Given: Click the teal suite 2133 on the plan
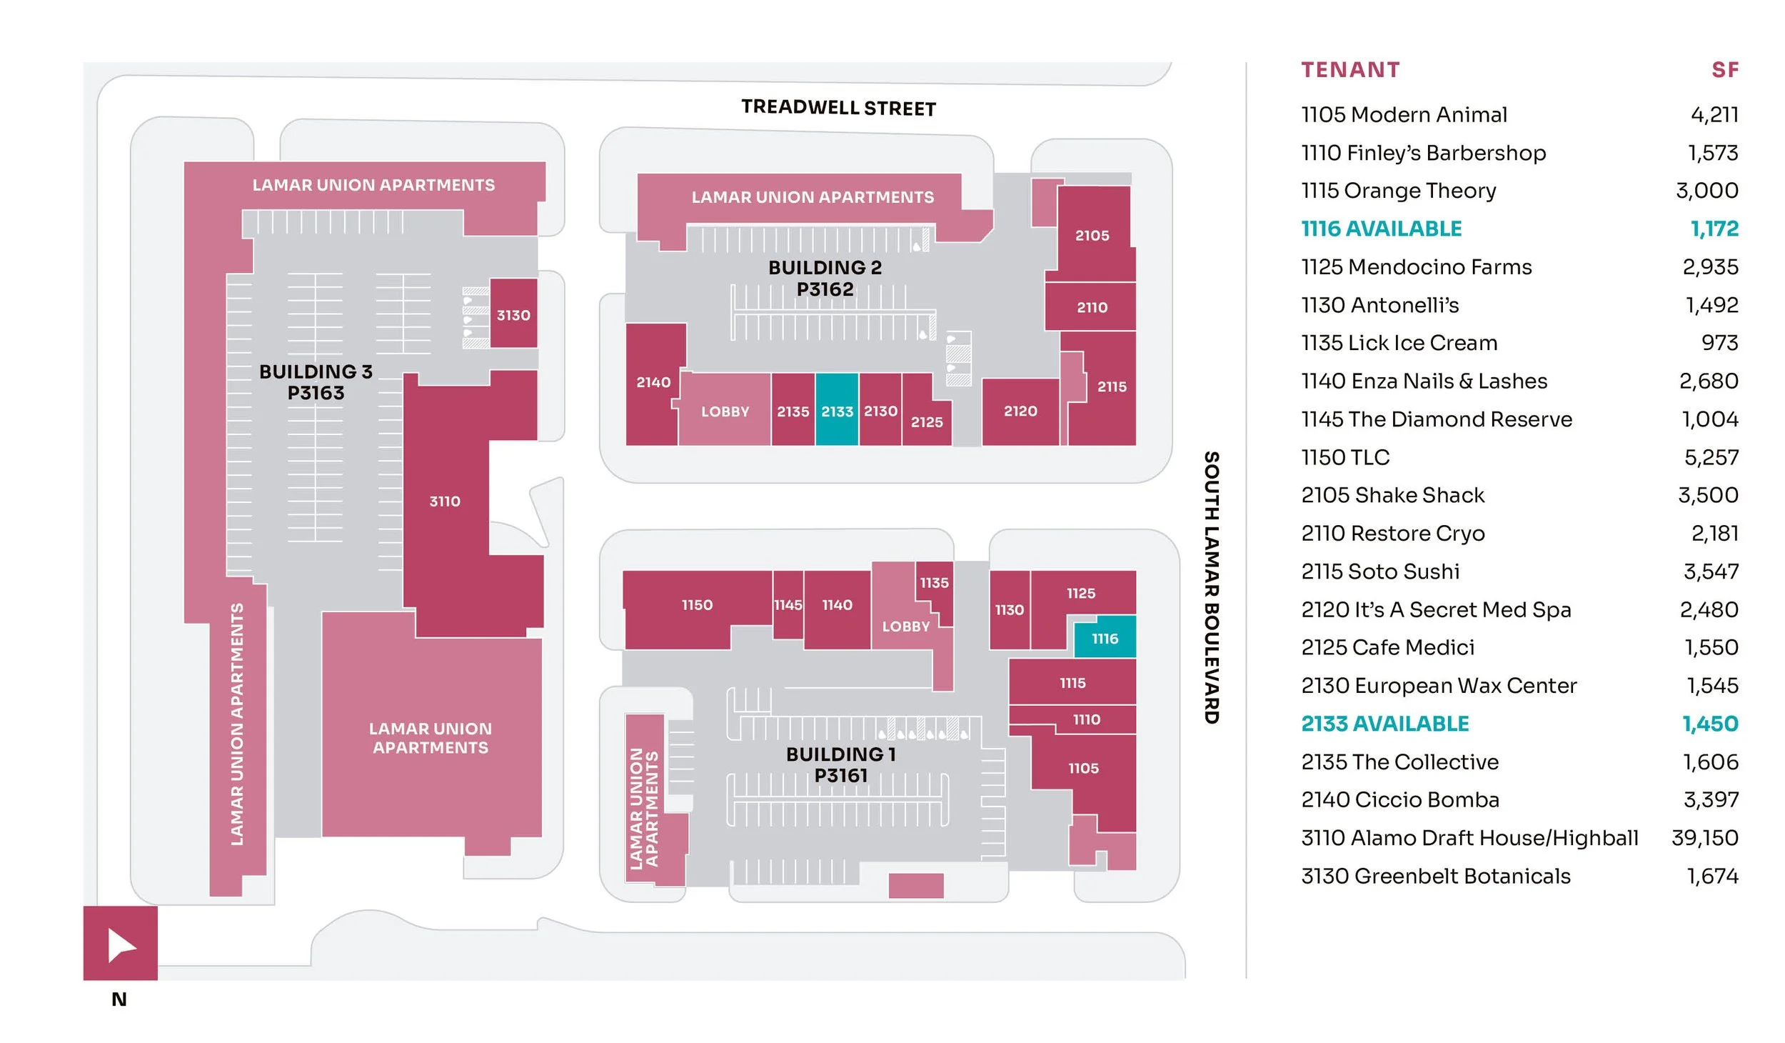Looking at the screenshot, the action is [837, 409].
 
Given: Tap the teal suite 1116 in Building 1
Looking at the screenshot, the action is [1105, 637].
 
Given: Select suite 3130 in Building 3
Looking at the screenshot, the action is [513, 313].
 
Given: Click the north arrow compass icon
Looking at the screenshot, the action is [121, 943].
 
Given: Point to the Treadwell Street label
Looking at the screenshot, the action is [838, 108].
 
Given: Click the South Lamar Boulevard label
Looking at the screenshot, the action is [1212, 587].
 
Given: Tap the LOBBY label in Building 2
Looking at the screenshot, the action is [725, 411].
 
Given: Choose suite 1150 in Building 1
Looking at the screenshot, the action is [696, 605].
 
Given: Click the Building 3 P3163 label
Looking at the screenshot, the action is [316, 382].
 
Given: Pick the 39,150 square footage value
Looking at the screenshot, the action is [1705, 837].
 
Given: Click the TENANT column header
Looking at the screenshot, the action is [1350, 69].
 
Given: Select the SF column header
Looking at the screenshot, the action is [1725, 69].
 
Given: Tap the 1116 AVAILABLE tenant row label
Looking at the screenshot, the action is [1382, 229].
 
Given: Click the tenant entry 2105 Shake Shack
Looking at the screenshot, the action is [1392, 495].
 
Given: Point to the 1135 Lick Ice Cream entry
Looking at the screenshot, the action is [1399, 343].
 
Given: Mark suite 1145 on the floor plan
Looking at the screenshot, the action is [788, 604].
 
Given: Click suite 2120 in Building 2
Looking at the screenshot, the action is [1020, 411].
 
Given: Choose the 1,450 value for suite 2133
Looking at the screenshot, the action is [1711, 724].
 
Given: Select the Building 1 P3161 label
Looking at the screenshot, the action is [841, 764].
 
